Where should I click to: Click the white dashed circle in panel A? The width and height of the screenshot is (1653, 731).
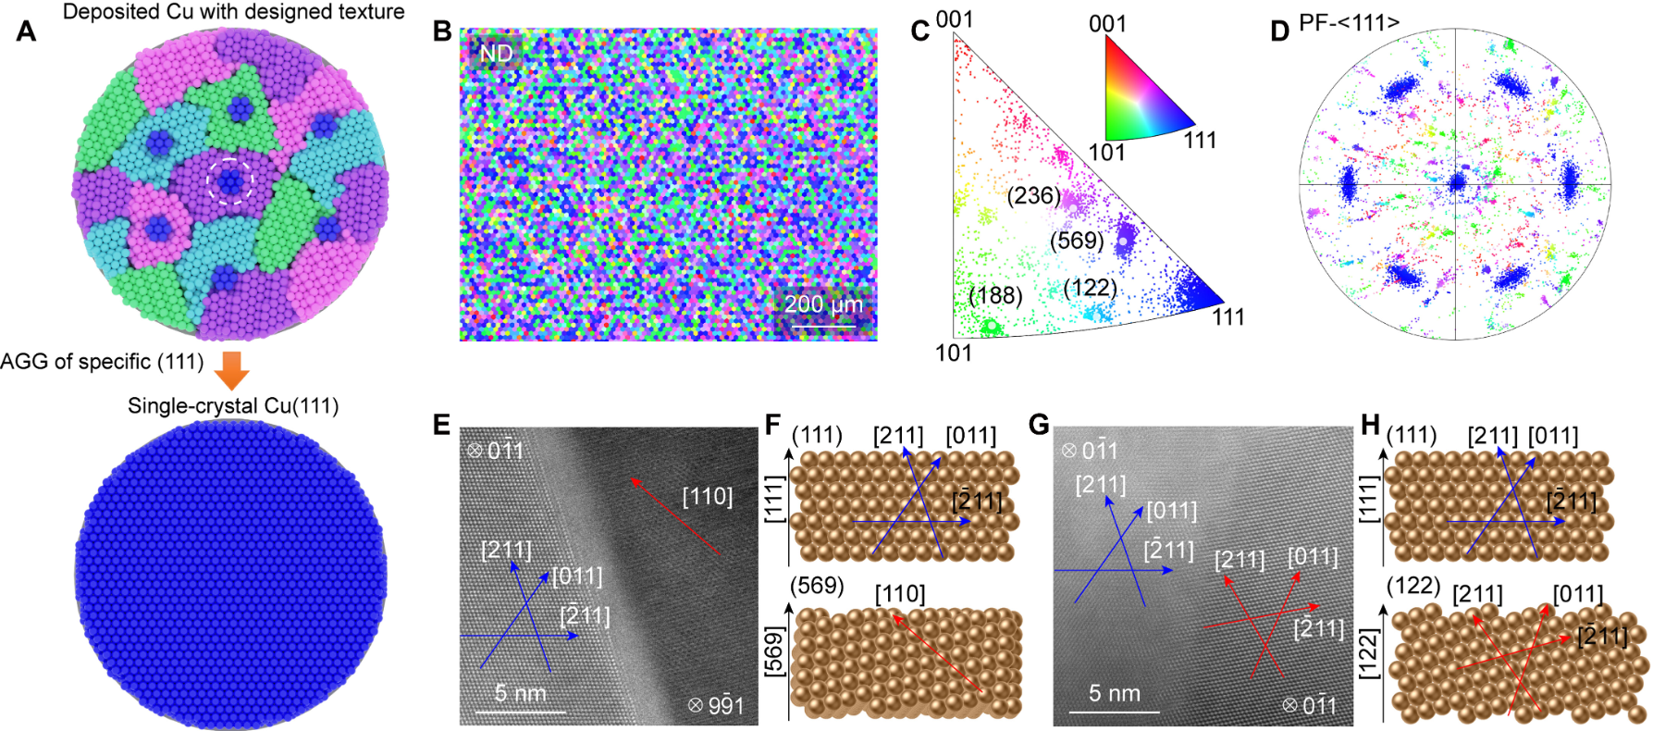(x=229, y=180)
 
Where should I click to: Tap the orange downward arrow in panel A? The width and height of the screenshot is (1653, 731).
(x=231, y=370)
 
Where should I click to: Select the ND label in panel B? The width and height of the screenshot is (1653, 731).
(x=496, y=54)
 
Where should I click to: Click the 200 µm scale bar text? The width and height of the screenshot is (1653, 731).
(x=823, y=304)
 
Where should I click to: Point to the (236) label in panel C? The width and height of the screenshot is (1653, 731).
(x=1034, y=195)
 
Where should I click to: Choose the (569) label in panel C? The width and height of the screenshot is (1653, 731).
(x=1077, y=241)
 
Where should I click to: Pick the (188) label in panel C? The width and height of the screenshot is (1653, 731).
(x=995, y=295)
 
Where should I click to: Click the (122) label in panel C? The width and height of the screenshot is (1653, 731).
(x=1090, y=288)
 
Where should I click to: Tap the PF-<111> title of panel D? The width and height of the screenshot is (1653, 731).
(x=1349, y=22)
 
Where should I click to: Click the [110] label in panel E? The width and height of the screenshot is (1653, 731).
(x=707, y=497)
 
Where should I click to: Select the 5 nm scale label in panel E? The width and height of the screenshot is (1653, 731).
(x=520, y=693)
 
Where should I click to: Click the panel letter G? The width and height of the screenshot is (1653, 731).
(x=1039, y=425)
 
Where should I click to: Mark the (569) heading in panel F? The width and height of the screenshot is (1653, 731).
(x=816, y=586)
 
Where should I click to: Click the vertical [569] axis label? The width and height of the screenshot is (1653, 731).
(x=773, y=651)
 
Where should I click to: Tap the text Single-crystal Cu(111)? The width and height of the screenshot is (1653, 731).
(x=233, y=405)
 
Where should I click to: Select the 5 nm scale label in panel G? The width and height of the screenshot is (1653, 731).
(x=1114, y=693)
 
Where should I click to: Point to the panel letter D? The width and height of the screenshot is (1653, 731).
(x=1279, y=31)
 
